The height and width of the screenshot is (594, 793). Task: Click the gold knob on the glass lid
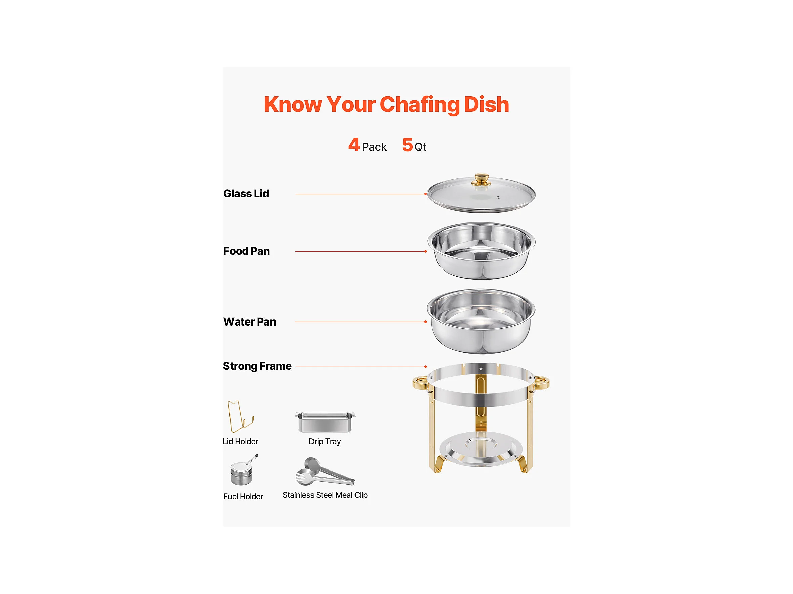[481, 180]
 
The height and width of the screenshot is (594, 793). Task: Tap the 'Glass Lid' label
[246, 194]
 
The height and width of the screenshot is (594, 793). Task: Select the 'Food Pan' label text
[246, 251]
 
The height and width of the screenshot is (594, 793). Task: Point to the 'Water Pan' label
[250, 321]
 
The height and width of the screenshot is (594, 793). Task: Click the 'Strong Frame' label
[257, 366]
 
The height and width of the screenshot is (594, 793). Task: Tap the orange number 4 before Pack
[354, 145]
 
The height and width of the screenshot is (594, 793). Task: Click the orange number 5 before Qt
[407, 145]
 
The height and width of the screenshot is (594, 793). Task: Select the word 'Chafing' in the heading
[419, 105]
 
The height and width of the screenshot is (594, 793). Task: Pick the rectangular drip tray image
[325, 422]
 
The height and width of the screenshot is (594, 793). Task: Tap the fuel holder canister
[242, 471]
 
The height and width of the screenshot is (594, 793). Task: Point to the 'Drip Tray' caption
[325, 441]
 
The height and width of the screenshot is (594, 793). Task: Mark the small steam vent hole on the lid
[498, 197]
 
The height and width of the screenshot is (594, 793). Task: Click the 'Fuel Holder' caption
[243, 497]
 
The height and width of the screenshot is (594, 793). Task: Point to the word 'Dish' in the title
[487, 105]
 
